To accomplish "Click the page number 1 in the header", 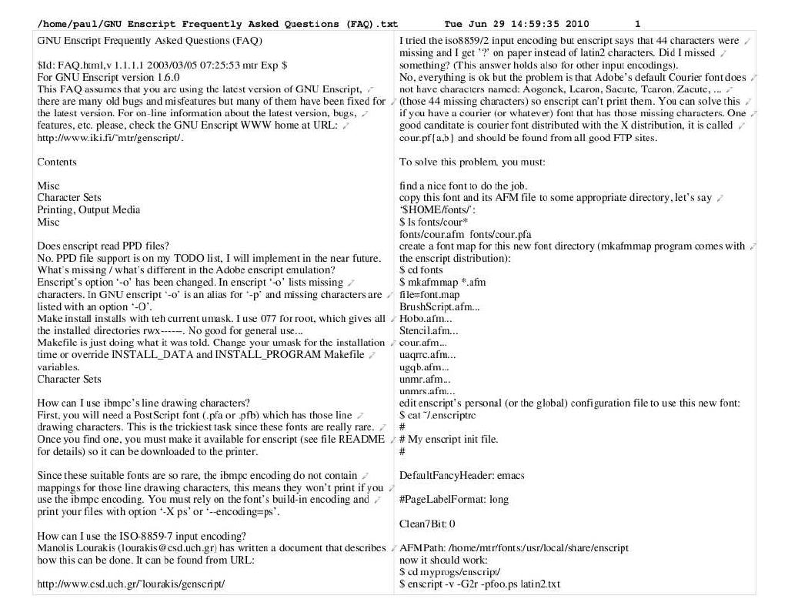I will click(637, 24).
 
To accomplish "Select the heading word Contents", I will click(57, 162).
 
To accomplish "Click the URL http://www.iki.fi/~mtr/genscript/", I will click(111, 138).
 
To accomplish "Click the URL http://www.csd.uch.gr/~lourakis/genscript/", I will click(131, 584).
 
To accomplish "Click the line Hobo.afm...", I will click(424, 319).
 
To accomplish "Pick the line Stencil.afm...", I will click(428, 331).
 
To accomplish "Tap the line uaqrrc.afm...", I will click(428, 355).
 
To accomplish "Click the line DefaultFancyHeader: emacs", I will click(462, 476).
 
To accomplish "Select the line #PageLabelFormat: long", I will click(454, 500).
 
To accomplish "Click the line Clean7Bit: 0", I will click(427, 524).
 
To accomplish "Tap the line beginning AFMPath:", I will click(514, 548).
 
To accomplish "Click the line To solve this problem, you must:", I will click(472, 162).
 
